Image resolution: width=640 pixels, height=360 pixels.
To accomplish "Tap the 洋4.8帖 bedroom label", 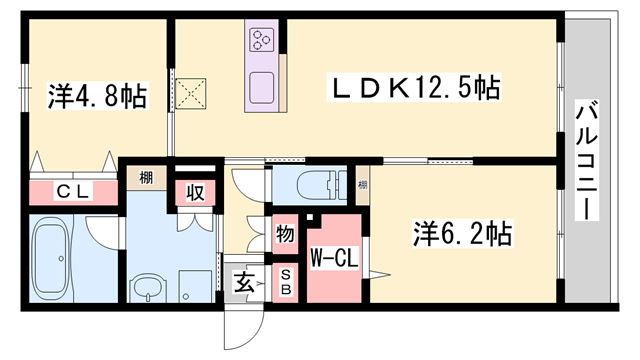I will pyautogui.click(x=97, y=97).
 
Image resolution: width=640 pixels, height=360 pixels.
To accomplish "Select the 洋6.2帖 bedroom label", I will pyautogui.click(x=463, y=235).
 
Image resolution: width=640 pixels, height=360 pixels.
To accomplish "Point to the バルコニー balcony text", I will pyautogui.click(x=586, y=160).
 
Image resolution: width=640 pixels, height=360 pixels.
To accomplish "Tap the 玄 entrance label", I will pyautogui.click(x=244, y=283).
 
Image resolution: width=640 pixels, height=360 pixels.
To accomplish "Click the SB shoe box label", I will pyautogui.click(x=285, y=282).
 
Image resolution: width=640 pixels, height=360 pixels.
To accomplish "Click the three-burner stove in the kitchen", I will pyautogui.click(x=263, y=40).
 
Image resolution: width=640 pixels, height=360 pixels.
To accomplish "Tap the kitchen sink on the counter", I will pyautogui.click(x=263, y=84).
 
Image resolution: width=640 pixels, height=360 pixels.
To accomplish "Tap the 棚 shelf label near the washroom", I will pyautogui.click(x=146, y=179).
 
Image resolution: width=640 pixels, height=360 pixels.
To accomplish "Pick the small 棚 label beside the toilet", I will pyautogui.click(x=362, y=185).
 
